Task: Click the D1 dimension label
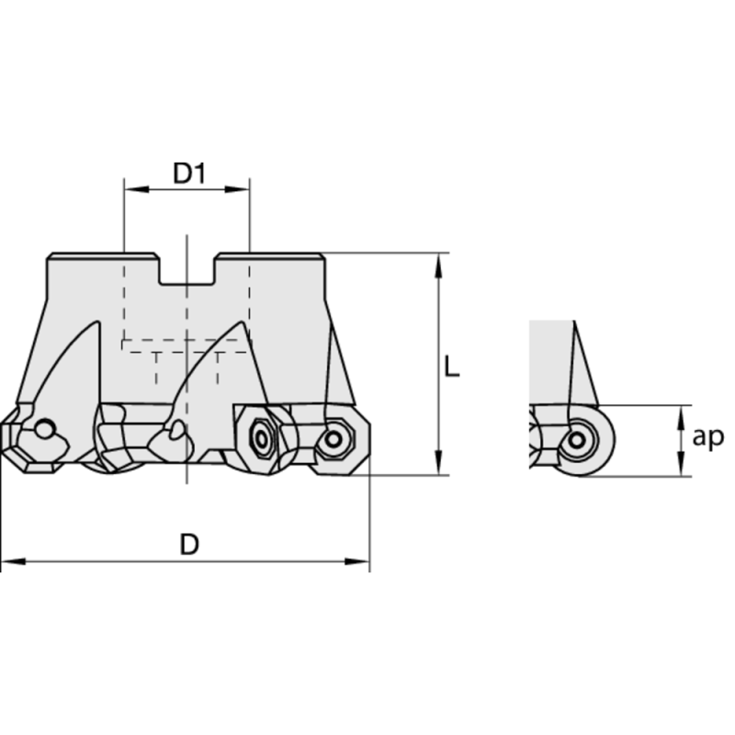pyautogui.click(x=188, y=173)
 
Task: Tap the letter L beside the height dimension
pyautogui.click(x=451, y=367)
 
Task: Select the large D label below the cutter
pyautogui.click(x=188, y=545)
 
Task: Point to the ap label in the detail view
pyautogui.click(x=707, y=438)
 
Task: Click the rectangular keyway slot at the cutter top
pyautogui.click(x=187, y=268)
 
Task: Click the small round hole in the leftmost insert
pyautogui.click(x=43, y=430)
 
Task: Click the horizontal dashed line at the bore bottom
pyautogui.click(x=187, y=339)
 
